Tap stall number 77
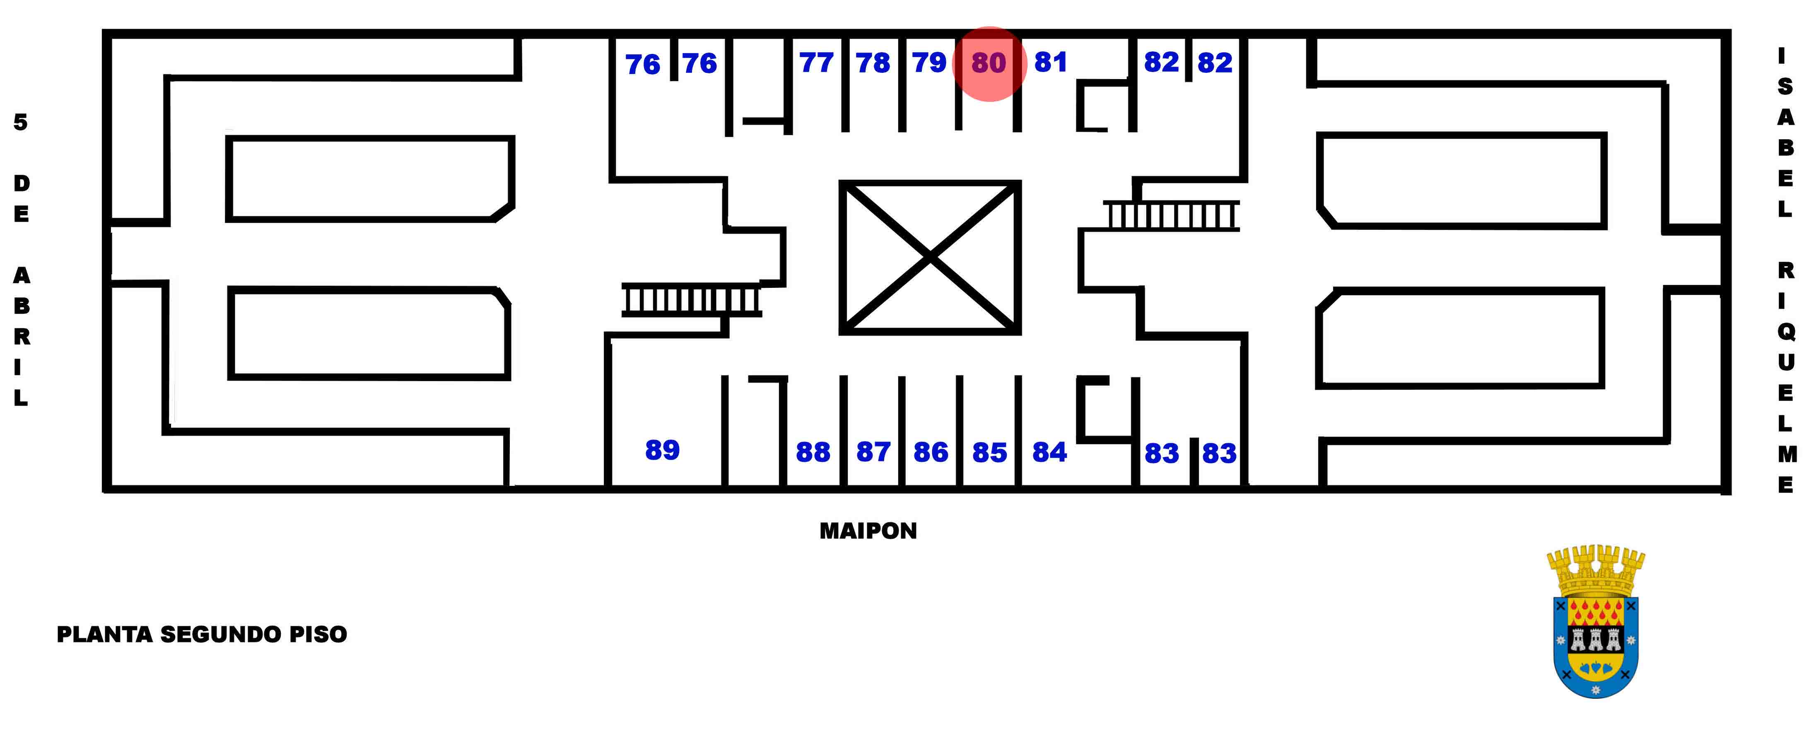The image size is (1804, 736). tap(817, 63)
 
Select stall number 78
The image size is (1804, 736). tap(873, 63)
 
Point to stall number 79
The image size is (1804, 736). tap(929, 63)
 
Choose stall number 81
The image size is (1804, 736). tap(1050, 62)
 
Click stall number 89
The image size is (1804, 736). tap(662, 449)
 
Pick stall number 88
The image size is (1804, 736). tap(813, 452)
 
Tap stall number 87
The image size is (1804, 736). tap(873, 452)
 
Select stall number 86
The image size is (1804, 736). tap(931, 452)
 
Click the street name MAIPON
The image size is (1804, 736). tap(868, 531)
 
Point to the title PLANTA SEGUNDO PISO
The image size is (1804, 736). tap(202, 635)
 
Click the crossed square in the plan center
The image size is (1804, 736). tap(930, 258)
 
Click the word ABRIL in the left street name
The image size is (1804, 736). tap(22, 337)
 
